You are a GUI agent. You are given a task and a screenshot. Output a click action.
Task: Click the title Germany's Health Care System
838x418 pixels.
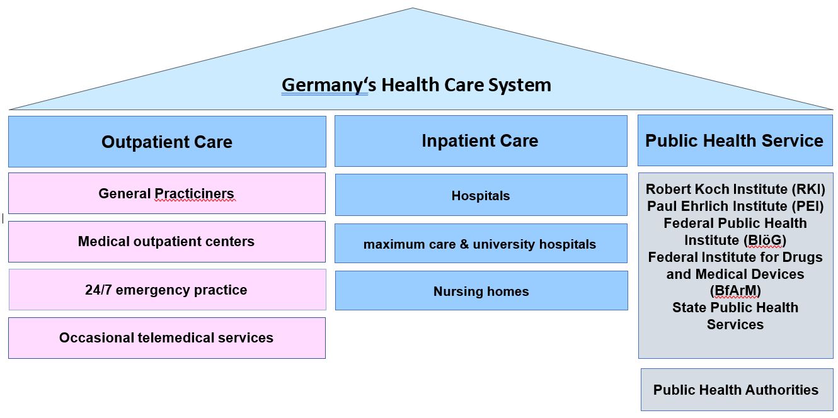click(416, 85)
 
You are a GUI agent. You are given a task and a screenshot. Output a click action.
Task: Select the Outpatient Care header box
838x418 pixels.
click(167, 142)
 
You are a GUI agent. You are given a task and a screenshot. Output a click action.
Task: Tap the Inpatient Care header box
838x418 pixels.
click(480, 140)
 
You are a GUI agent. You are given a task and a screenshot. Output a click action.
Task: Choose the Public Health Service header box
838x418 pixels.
click(735, 140)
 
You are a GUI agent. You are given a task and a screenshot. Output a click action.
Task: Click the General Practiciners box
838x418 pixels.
click(167, 193)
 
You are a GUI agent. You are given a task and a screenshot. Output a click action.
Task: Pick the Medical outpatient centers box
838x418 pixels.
click(167, 242)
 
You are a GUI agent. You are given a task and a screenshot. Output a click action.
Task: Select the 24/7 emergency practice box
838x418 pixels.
click(167, 290)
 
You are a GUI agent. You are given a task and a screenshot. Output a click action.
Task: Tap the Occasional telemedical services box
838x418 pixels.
click(167, 338)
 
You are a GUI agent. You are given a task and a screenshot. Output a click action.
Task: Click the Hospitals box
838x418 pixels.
click(481, 196)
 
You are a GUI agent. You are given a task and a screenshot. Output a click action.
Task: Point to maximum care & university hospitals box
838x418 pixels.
click(480, 244)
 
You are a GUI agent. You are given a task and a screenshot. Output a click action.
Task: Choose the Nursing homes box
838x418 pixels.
click(481, 291)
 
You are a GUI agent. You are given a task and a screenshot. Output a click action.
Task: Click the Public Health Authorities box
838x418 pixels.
click(736, 390)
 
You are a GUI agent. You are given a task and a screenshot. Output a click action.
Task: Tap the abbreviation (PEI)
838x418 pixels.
click(806, 206)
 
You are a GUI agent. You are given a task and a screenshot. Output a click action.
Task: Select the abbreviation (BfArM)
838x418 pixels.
click(735, 291)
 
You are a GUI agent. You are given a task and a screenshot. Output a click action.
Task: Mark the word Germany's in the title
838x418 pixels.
click(324, 85)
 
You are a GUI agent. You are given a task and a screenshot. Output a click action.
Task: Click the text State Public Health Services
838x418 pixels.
click(735, 316)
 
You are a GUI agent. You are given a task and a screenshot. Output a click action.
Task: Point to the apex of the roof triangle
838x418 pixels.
click(413, 9)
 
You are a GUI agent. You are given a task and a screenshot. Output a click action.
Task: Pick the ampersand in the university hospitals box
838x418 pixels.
click(465, 244)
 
